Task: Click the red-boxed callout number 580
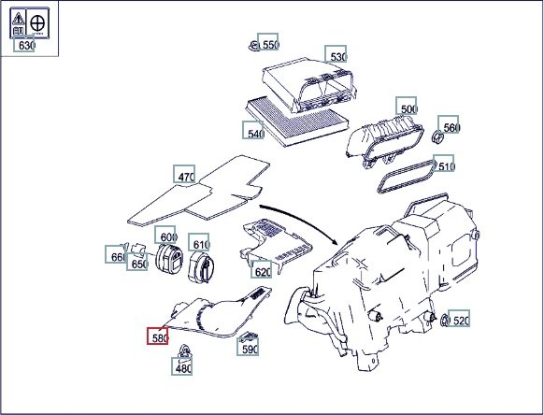(x=158, y=336)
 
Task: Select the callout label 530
(x=336, y=54)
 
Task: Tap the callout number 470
(x=184, y=174)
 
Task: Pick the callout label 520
(x=459, y=318)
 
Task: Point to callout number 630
(x=24, y=43)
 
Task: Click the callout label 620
(x=262, y=269)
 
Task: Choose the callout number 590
(x=248, y=347)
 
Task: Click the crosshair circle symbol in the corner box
(x=37, y=23)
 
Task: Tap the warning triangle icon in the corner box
(x=18, y=19)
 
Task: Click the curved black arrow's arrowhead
(x=334, y=240)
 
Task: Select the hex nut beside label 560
(x=437, y=136)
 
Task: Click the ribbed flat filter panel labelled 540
(x=296, y=122)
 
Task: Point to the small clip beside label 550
(x=254, y=46)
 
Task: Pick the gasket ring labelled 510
(x=407, y=177)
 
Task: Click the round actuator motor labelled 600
(x=169, y=258)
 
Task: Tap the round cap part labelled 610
(x=201, y=266)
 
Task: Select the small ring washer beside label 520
(x=444, y=321)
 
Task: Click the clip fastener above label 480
(x=185, y=351)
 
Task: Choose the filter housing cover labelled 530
(x=308, y=84)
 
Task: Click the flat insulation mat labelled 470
(x=199, y=191)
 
